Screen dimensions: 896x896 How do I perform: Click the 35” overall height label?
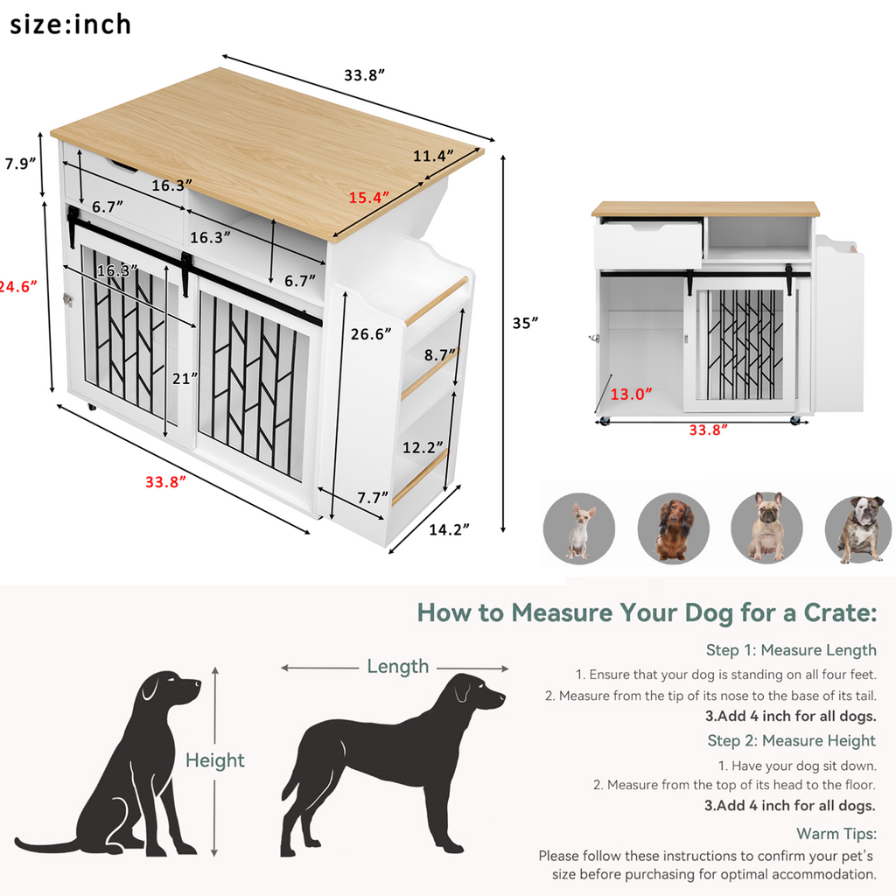pos(525,322)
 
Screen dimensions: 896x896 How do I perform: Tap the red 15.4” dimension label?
pos(368,198)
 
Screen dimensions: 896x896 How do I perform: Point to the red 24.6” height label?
pos(18,285)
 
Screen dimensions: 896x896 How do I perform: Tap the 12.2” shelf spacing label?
pos(423,448)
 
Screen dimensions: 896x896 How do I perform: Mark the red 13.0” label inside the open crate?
pos(631,394)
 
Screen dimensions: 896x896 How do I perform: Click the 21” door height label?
pos(185,378)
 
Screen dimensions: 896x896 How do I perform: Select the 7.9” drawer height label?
pos(18,163)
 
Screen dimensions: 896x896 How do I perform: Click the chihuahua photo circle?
pos(578,528)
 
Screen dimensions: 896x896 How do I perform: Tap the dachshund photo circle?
pos(673,528)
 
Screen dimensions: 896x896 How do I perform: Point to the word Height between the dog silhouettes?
pos(214,760)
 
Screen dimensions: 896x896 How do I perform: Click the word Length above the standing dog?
pos(397,667)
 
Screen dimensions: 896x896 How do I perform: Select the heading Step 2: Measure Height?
pos(791,741)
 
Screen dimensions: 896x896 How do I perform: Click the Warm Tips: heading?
pos(836,834)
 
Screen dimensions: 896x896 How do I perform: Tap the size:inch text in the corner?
pos(70,24)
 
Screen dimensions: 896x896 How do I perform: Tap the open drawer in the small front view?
pos(648,244)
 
